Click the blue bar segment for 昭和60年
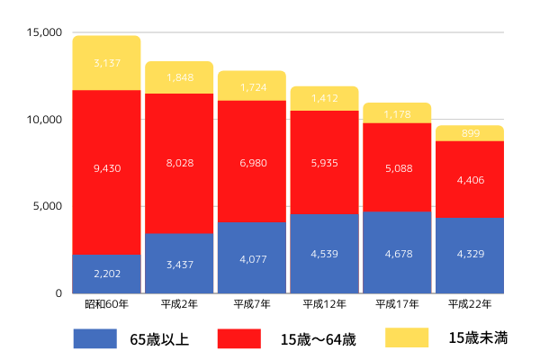pyautogui.click(x=106, y=274)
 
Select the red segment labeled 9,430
pyautogui.click(x=106, y=171)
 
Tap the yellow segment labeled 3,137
pyautogui.click(x=106, y=63)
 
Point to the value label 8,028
pyautogui.click(x=179, y=163)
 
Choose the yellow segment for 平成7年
pyautogui.click(x=252, y=85)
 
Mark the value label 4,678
pyautogui.click(x=397, y=255)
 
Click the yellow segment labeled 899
pyautogui.click(x=469, y=133)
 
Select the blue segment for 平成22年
pyautogui.click(x=469, y=255)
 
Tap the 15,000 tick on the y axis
pyautogui.click(x=44, y=33)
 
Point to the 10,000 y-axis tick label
pyautogui.click(x=44, y=120)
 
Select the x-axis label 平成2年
pyautogui.click(x=179, y=304)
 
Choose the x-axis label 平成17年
pyautogui.click(x=397, y=304)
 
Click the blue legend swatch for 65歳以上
pyautogui.click(x=95, y=338)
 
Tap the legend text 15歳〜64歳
pyautogui.click(x=318, y=339)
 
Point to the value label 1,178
pyautogui.click(x=397, y=114)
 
